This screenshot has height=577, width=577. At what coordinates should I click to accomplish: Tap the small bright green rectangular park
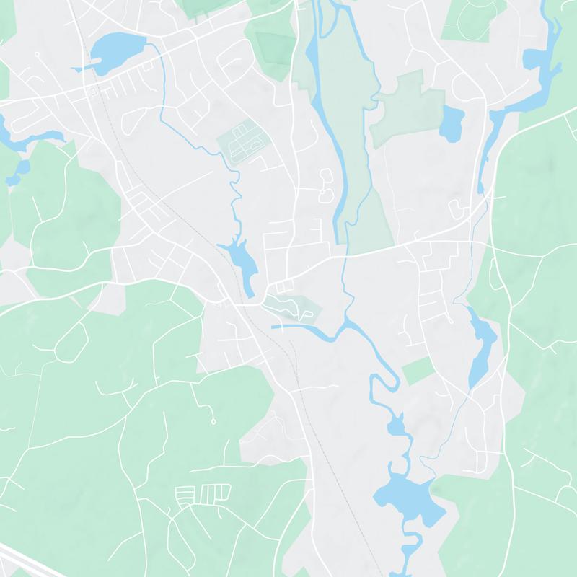[416, 370]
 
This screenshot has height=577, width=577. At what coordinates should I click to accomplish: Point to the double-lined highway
[22, 560]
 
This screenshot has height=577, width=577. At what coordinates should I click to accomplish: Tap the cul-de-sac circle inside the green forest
[214, 420]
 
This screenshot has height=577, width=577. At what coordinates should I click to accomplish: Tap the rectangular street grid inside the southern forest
[202, 496]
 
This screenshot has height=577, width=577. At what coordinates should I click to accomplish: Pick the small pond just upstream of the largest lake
[397, 426]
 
